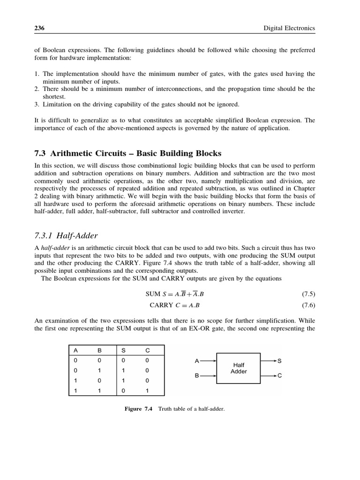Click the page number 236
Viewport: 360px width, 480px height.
39,29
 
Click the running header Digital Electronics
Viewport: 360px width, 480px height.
290,29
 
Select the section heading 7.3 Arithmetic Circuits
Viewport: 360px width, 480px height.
128,154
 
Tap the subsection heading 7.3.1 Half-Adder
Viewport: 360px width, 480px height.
66,235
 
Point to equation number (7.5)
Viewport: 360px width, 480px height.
308,294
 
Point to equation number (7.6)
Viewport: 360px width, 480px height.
308,305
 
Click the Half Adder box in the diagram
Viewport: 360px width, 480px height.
239,368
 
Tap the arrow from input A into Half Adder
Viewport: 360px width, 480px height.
209,361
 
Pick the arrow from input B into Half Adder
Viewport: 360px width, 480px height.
209,376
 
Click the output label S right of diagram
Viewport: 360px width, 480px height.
280,361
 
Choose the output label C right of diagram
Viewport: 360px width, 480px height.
280,376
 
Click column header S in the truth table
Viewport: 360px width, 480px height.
123,350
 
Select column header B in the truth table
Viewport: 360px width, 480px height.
99,350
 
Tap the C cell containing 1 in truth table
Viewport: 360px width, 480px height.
147,390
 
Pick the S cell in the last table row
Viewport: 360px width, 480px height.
123,390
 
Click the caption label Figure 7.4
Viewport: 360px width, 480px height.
139,409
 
